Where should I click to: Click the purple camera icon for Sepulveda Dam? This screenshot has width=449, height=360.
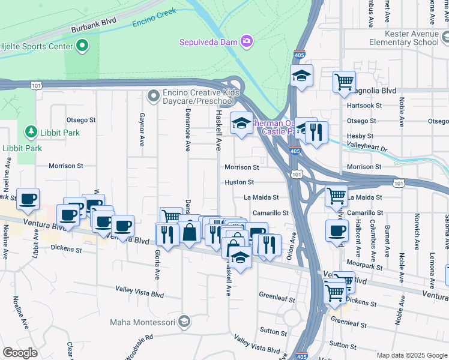[246, 41]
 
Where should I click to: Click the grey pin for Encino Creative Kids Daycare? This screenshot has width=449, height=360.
[154, 95]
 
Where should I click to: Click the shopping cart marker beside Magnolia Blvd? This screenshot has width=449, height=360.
[344, 81]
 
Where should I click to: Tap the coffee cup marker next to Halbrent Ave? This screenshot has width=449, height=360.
[337, 230]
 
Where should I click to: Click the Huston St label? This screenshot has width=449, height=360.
[240, 182]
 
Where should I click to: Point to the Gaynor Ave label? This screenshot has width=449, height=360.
[142, 130]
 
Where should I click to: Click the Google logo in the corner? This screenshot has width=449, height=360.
[20, 353]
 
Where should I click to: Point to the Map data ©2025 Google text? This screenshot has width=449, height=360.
[411, 355]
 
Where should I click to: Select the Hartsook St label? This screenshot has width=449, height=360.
[364, 106]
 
